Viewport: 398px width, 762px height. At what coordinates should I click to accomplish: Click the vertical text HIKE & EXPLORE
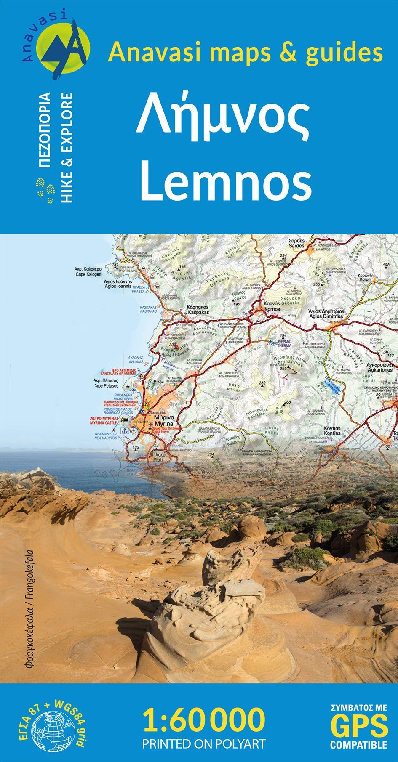[67, 148]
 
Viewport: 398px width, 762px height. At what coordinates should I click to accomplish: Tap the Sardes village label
[296, 244]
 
